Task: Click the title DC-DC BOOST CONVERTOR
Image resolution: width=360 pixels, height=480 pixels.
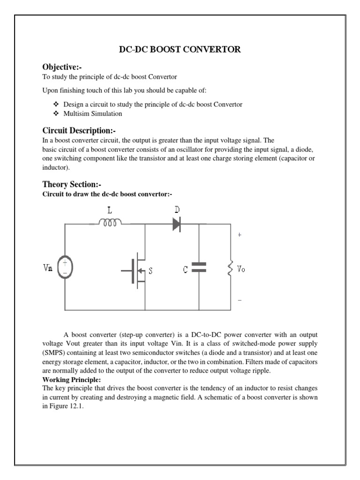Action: click(180, 50)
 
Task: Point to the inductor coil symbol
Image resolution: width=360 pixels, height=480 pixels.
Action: click(110, 224)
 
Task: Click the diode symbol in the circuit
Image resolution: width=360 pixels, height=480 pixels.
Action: click(177, 224)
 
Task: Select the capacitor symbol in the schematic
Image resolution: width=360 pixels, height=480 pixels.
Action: click(199, 267)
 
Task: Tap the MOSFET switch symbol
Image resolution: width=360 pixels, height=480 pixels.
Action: click(136, 270)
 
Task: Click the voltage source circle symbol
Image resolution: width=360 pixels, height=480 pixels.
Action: click(65, 268)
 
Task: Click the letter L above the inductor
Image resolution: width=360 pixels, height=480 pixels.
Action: click(110, 210)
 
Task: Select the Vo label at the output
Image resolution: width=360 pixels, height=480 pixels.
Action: click(241, 270)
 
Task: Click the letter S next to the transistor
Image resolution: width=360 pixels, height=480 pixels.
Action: click(151, 270)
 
